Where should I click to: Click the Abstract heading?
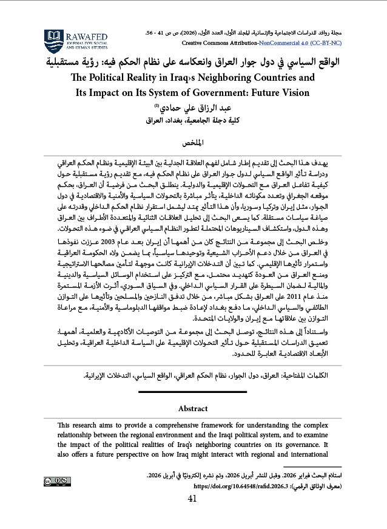click(x=193, y=409)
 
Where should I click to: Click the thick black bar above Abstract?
click(x=193, y=393)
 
